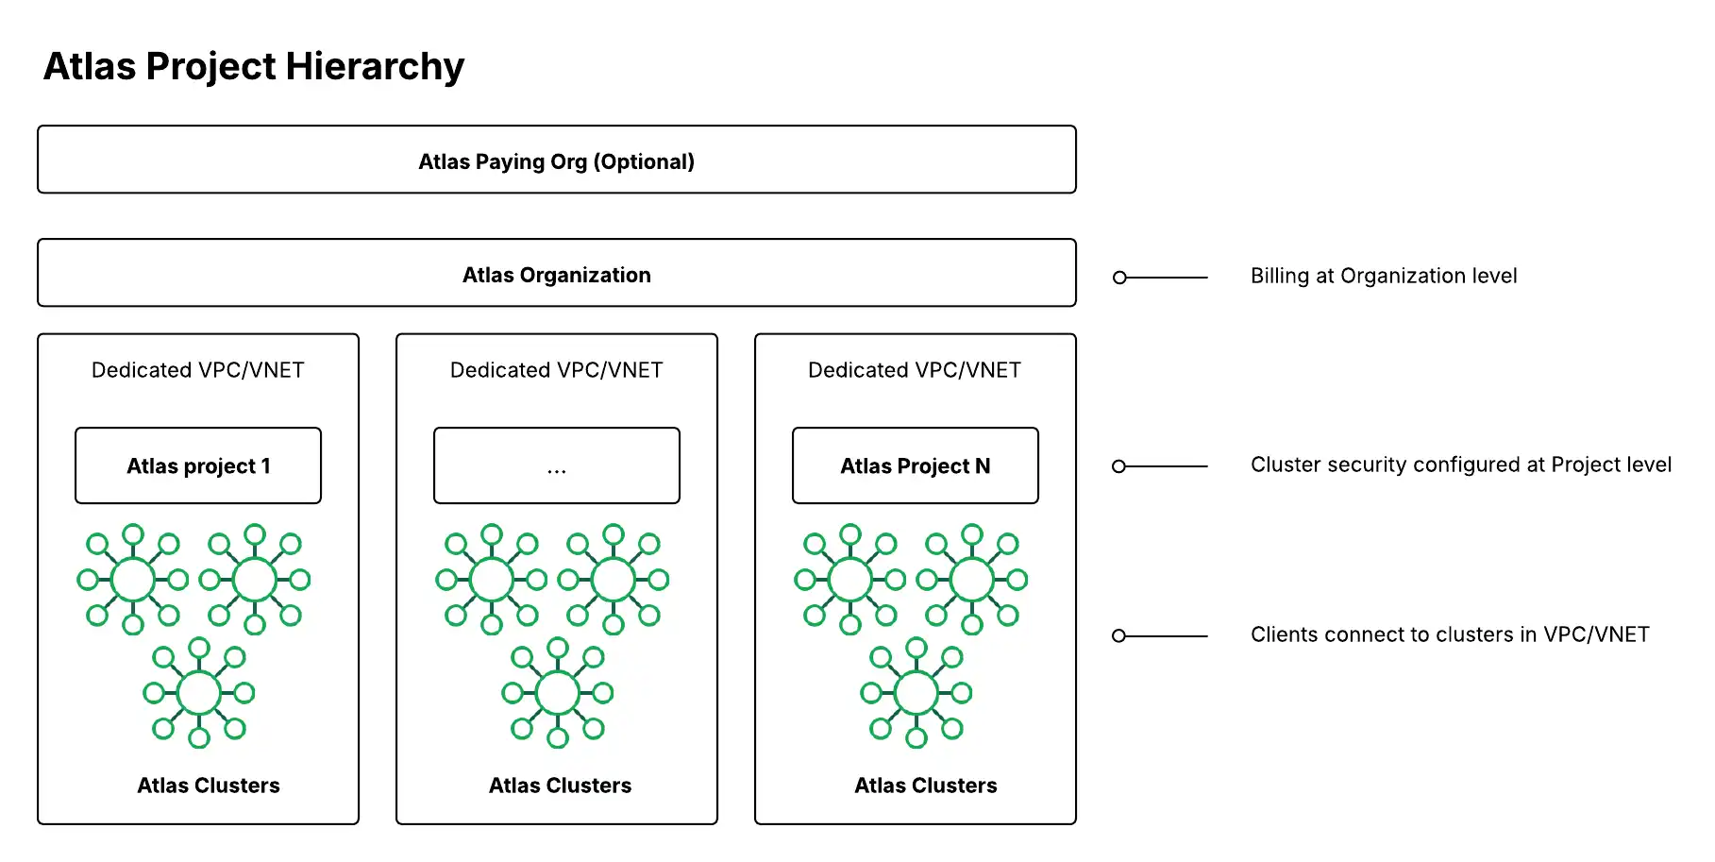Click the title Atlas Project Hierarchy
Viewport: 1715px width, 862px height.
click(x=254, y=67)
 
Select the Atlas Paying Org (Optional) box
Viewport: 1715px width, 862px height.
click(x=556, y=161)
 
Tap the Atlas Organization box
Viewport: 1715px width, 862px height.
click(x=556, y=274)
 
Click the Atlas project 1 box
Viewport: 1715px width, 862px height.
click(x=198, y=465)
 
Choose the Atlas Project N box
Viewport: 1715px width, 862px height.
click(x=915, y=465)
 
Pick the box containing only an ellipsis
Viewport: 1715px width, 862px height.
click(x=556, y=465)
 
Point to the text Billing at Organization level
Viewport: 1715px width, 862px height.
click(x=1383, y=276)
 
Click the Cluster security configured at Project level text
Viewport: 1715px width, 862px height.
click(x=1460, y=465)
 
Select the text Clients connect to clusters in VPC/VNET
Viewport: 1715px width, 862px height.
click(x=1449, y=634)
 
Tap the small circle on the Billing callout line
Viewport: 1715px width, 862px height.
click(x=1119, y=278)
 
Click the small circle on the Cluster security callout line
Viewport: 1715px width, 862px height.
click(x=1118, y=466)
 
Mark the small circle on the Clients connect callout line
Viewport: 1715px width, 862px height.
click(x=1118, y=636)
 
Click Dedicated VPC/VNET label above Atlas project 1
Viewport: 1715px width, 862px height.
click(x=197, y=370)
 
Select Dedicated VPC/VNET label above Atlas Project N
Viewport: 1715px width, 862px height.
click(x=914, y=370)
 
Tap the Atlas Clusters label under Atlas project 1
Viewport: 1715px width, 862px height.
click(x=208, y=786)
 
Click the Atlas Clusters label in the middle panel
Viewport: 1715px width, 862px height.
click(x=560, y=786)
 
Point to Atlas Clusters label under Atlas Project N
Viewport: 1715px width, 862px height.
click(x=925, y=786)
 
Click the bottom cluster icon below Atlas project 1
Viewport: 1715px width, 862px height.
click(x=199, y=693)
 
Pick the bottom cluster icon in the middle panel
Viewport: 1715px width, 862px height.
click(x=558, y=693)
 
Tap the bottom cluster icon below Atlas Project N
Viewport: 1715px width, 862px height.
click(x=916, y=693)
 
